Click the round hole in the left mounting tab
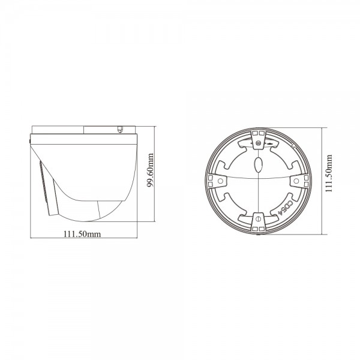220,180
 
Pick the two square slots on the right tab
303,180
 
